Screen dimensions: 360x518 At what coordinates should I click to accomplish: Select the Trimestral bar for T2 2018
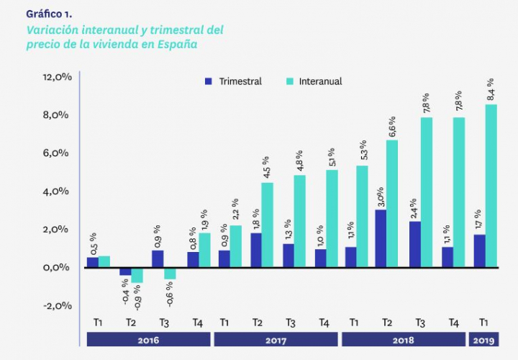(381, 238)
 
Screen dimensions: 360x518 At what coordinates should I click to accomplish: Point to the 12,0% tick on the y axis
(58, 76)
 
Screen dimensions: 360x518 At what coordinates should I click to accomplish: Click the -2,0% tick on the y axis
(58, 305)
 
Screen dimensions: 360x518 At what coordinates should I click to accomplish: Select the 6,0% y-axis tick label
(58, 153)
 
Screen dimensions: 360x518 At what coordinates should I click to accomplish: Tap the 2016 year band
(148, 339)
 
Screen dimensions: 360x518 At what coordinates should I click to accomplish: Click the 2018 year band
(403, 339)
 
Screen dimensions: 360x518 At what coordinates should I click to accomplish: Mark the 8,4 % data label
(491, 90)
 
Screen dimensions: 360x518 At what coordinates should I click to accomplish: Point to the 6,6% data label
(392, 126)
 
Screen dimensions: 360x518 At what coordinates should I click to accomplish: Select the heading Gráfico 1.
(49, 14)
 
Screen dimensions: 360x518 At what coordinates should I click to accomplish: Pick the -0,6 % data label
(170, 294)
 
